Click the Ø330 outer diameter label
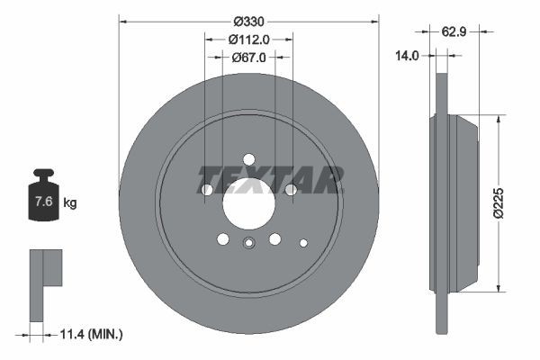pyautogui.click(x=248, y=21)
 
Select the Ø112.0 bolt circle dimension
pyautogui.click(x=248, y=40)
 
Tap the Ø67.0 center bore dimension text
pyautogui.click(x=248, y=58)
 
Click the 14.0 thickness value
pyautogui.click(x=408, y=56)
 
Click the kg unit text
pyautogui.click(x=70, y=202)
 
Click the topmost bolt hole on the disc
pyautogui.click(x=249, y=159)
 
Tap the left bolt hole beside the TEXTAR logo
pyautogui.click(x=207, y=190)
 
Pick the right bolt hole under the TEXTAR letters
pyautogui.click(x=291, y=190)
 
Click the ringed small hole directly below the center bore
pyautogui.click(x=249, y=241)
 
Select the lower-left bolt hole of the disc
pyautogui.click(x=223, y=238)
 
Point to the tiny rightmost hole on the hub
pyautogui.click(x=303, y=242)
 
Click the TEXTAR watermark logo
pyautogui.click(x=270, y=180)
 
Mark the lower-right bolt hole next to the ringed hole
pyautogui.click(x=275, y=238)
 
